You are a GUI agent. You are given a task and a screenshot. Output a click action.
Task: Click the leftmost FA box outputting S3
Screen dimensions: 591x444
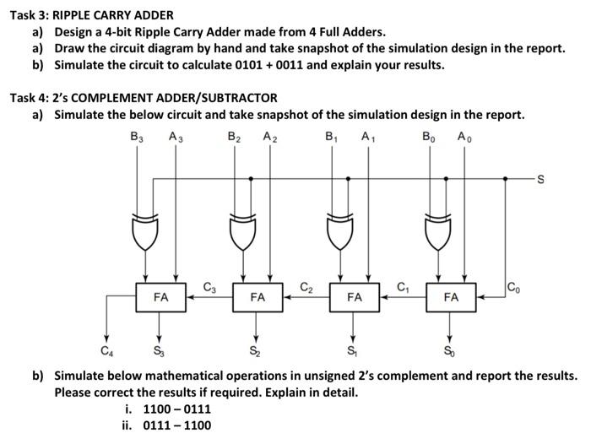pos(160,297)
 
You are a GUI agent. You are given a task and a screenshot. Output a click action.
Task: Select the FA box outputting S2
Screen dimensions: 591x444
pos(258,297)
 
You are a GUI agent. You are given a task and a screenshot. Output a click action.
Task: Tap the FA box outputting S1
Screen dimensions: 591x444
pos(354,297)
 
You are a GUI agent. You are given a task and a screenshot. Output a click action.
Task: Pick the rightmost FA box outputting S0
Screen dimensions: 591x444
pos(451,297)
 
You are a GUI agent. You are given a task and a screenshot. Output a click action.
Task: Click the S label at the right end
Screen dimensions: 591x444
pos(541,179)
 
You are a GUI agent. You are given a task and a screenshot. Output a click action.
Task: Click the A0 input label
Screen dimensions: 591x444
pos(464,135)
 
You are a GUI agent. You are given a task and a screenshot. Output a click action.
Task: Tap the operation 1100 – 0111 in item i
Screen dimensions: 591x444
pos(177,409)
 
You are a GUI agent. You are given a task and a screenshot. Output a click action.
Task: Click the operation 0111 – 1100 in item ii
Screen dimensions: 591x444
pos(177,425)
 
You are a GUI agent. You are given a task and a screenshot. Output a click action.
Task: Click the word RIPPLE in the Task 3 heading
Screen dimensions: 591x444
pos(77,14)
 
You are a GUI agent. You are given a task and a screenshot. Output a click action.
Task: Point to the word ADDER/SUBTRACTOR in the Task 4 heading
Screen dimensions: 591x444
pos(215,98)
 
